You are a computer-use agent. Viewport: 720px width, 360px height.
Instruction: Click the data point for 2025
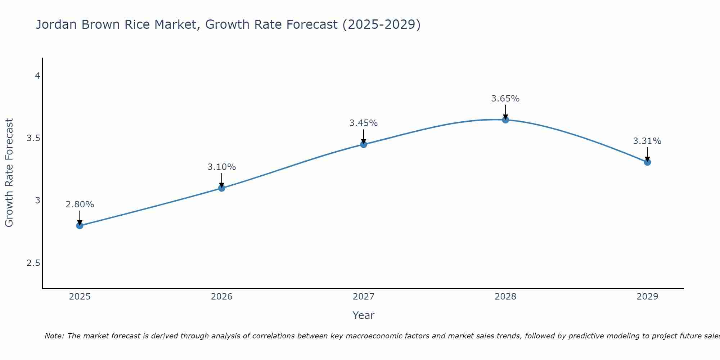pyautogui.click(x=80, y=226)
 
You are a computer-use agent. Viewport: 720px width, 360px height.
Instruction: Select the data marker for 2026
pyautogui.click(x=222, y=188)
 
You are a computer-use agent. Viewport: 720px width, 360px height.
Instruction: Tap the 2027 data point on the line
pyautogui.click(x=364, y=144)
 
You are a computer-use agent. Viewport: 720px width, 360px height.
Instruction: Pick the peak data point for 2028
pyautogui.click(x=505, y=120)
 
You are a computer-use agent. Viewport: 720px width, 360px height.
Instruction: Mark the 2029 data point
pyautogui.click(x=647, y=162)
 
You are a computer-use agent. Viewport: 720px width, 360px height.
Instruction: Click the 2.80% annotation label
pyautogui.click(x=80, y=204)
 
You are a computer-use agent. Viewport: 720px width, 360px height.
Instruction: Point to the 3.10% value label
pyautogui.click(x=222, y=167)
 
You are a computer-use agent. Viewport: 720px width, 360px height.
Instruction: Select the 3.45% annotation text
pyautogui.click(x=364, y=123)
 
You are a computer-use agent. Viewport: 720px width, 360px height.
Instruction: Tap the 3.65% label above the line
pyautogui.click(x=505, y=99)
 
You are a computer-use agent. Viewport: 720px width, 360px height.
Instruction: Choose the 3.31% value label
pyautogui.click(x=647, y=141)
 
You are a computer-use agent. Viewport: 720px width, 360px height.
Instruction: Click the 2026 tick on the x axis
pyautogui.click(x=222, y=297)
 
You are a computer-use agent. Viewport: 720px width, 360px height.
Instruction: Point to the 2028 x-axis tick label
pyautogui.click(x=505, y=297)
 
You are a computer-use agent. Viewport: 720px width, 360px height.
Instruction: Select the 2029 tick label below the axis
pyautogui.click(x=647, y=297)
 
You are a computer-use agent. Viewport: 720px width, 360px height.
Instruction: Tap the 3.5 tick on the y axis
pyautogui.click(x=33, y=139)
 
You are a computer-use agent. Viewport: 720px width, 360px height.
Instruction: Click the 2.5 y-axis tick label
pyautogui.click(x=33, y=263)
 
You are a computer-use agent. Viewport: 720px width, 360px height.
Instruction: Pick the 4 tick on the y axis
pyautogui.click(x=37, y=76)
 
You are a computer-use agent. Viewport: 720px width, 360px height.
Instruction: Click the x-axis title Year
pyautogui.click(x=364, y=315)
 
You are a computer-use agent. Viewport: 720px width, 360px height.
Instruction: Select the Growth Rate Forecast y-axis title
pyautogui.click(x=9, y=173)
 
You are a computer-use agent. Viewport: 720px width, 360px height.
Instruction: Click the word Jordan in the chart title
pyautogui.click(x=57, y=25)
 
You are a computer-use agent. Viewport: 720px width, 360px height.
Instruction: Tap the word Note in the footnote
pyautogui.click(x=54, y=336)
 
